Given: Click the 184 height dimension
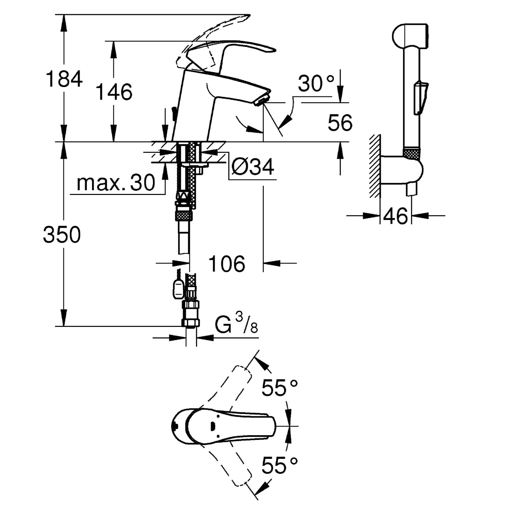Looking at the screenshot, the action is (x=64, y=79).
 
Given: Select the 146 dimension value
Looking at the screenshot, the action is (x=114, y=92).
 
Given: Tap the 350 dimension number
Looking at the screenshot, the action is (x=62, y=234).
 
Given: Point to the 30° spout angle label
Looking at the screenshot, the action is (x=315, y=83).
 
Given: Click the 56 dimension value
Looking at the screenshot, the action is (x=340, y=123).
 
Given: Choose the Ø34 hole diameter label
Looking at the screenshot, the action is (x=252, y=167).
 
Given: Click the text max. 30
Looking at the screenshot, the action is (x=115, y=183).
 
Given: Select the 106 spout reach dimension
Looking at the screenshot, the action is (x=226, y=264).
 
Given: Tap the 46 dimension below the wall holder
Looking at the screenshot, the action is (x=395, y=216).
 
